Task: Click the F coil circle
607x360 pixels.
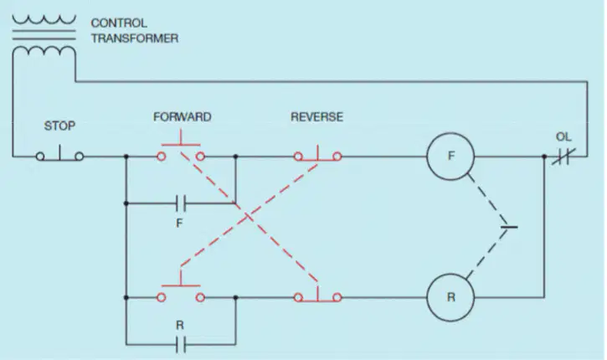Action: [450, 133]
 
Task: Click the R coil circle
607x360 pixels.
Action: [450, 274]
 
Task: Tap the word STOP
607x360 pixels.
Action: [59, 126]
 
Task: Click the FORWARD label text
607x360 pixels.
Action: [183, 117]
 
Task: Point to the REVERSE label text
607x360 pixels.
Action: [316, 117]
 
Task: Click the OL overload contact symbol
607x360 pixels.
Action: [563, 157]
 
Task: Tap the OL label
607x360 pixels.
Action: [563, 136]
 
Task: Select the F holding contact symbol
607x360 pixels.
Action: [181, 203]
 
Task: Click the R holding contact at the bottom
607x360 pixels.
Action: [181, 344]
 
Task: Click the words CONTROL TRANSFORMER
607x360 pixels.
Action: [134, 31]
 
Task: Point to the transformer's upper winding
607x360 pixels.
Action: [44, 20]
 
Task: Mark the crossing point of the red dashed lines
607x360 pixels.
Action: [249, 218]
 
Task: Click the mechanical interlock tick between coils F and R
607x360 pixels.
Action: [509, 227]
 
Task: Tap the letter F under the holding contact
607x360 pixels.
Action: [179, 223]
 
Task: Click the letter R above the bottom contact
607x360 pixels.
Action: [180, 325]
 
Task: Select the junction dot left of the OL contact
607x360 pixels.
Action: [544, 157]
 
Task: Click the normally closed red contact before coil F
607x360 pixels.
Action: [317, 156]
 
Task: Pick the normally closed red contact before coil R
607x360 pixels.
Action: [317, 296]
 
